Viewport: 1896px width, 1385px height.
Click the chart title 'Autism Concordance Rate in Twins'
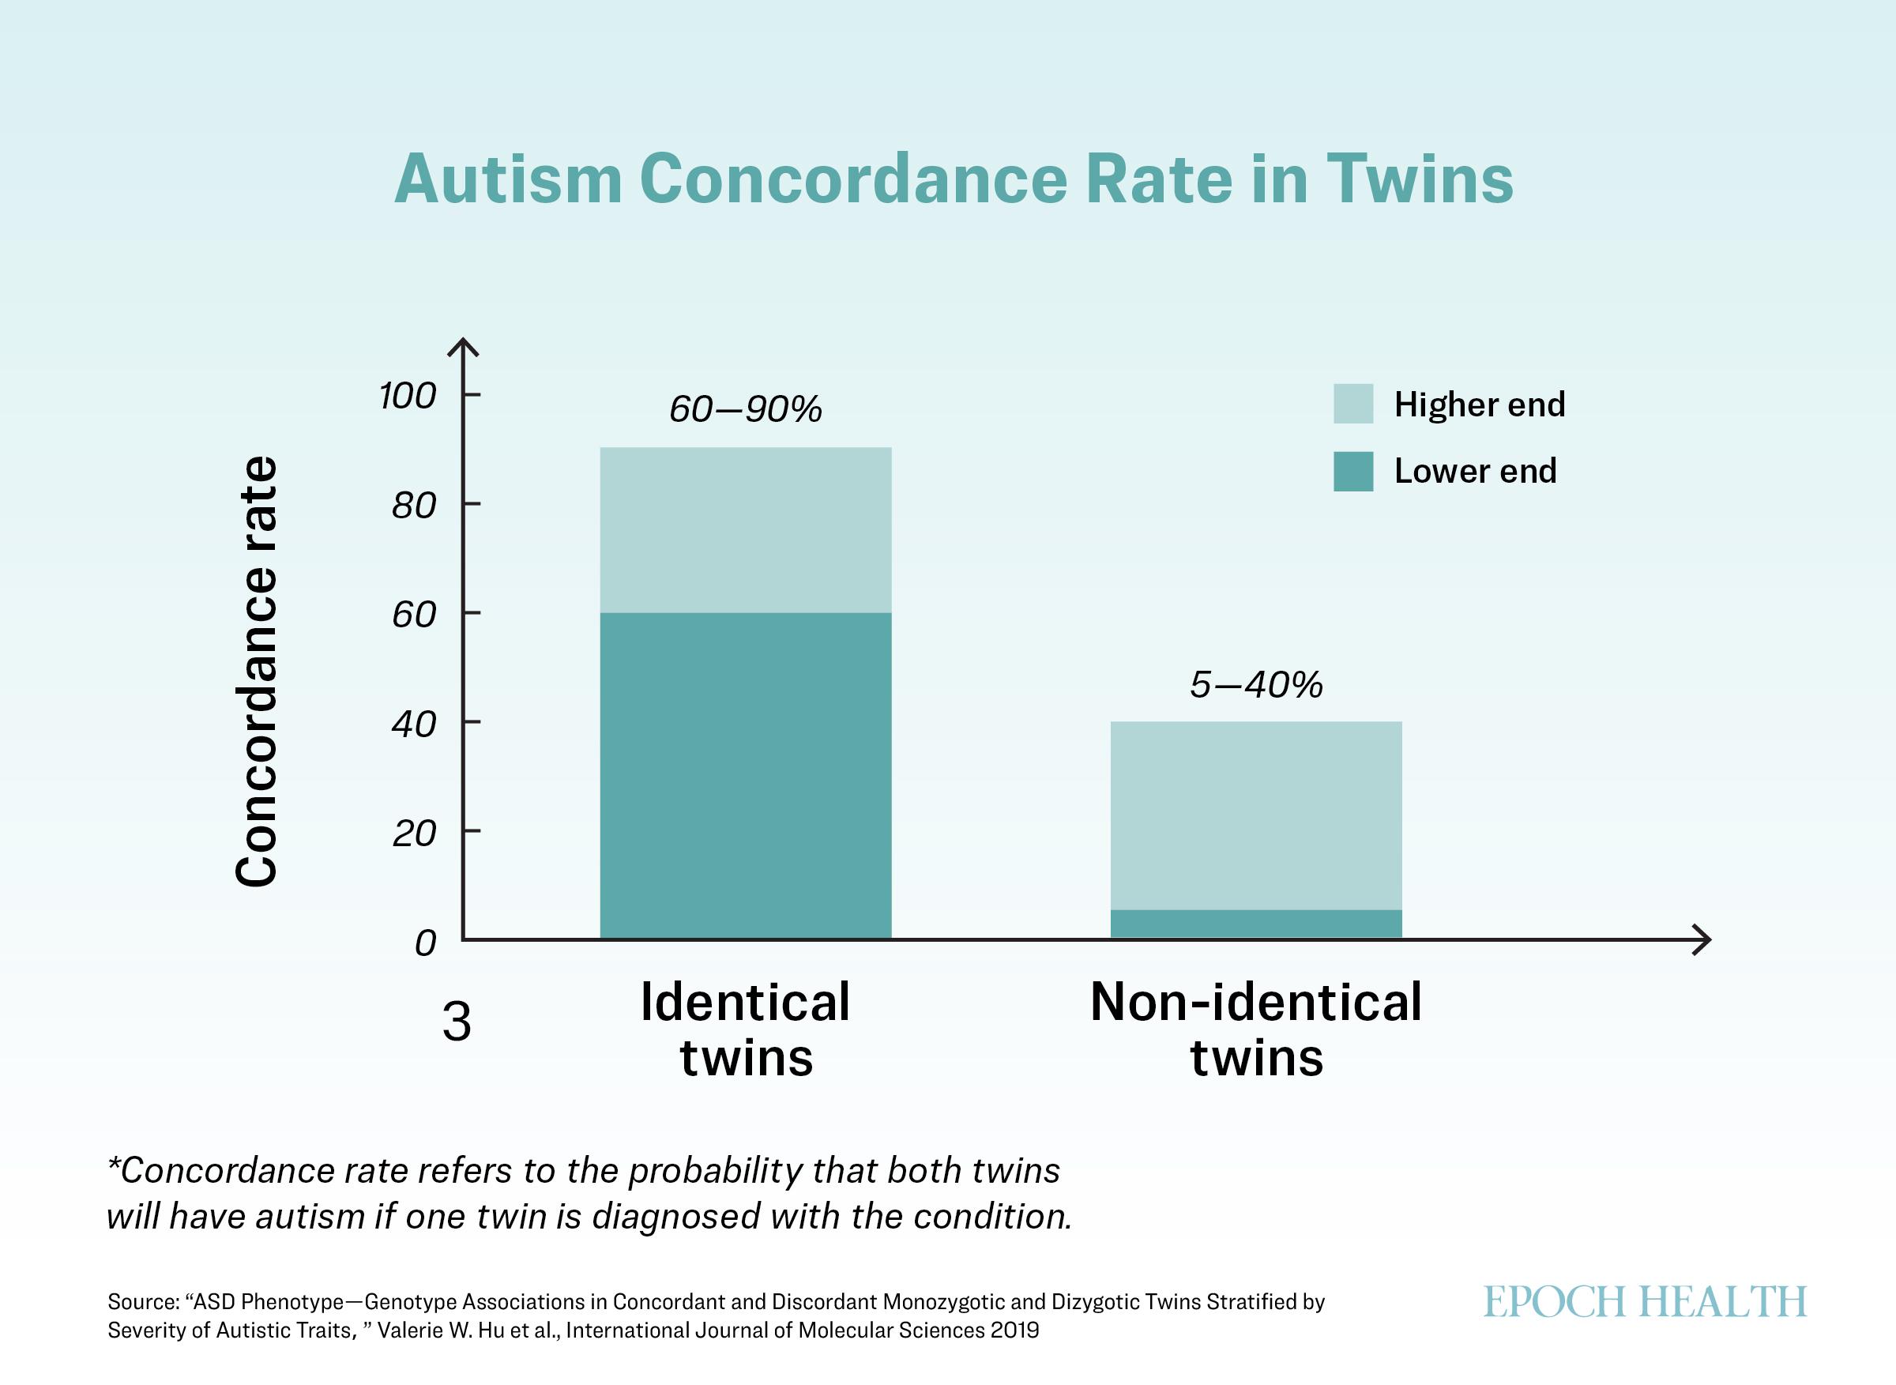click(954, 179)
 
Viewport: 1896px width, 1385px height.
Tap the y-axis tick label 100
click(408, 396)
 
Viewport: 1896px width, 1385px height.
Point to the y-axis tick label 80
click(413, 506)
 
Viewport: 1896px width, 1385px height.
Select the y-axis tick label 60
click(413, 615)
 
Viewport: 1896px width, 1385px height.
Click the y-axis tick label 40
click(413, 724)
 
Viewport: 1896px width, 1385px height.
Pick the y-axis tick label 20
click(413, 834)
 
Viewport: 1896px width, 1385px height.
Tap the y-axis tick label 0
click(425, 943)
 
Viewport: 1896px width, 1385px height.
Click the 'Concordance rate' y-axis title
click(256, 671)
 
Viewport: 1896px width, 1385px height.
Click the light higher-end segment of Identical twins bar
click(745, 530)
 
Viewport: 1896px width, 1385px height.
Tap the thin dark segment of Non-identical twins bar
click(1255, 924)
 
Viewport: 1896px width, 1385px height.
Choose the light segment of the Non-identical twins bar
click(1255, 815)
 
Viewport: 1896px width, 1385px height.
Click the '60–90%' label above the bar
click(745, 409)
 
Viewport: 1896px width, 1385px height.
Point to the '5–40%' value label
click(1255, 685)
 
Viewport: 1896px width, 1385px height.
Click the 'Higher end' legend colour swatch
click(1352, 403)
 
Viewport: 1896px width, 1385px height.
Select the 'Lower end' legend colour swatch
click(1352, 471)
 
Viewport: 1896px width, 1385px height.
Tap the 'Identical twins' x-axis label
click(745, 1029)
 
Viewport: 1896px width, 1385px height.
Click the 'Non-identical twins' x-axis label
click(1255, 1029)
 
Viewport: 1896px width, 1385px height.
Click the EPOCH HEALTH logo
click(1645, 1303)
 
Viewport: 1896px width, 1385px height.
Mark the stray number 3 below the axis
click(457, 1023)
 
